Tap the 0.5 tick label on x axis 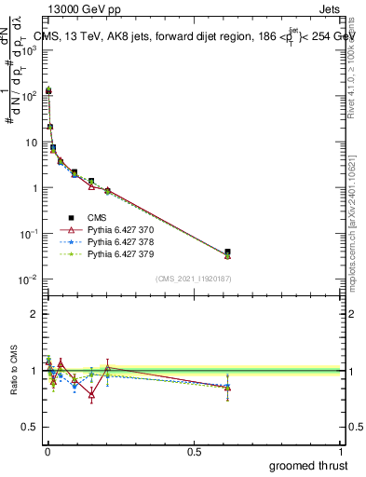(x=194, y=452)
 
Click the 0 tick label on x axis (x=47, y=452)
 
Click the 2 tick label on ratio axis (x=34, y=314)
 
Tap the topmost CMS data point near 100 (x=48, y=91)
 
